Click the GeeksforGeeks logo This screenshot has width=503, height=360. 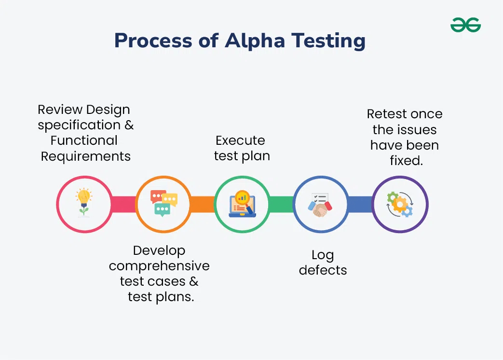465,25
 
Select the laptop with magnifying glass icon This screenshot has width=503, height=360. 242,204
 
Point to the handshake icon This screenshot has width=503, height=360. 321,204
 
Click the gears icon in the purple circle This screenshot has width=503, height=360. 400,204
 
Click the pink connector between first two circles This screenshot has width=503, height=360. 123,204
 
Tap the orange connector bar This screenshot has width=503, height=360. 203,204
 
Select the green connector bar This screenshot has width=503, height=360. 281,204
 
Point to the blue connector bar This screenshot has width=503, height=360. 360,204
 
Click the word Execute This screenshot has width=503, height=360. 240,140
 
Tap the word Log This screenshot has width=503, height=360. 323,255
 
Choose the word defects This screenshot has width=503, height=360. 323,270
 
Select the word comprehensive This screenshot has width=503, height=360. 159,266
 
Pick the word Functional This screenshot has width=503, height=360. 84,140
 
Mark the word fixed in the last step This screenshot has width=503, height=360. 406,161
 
